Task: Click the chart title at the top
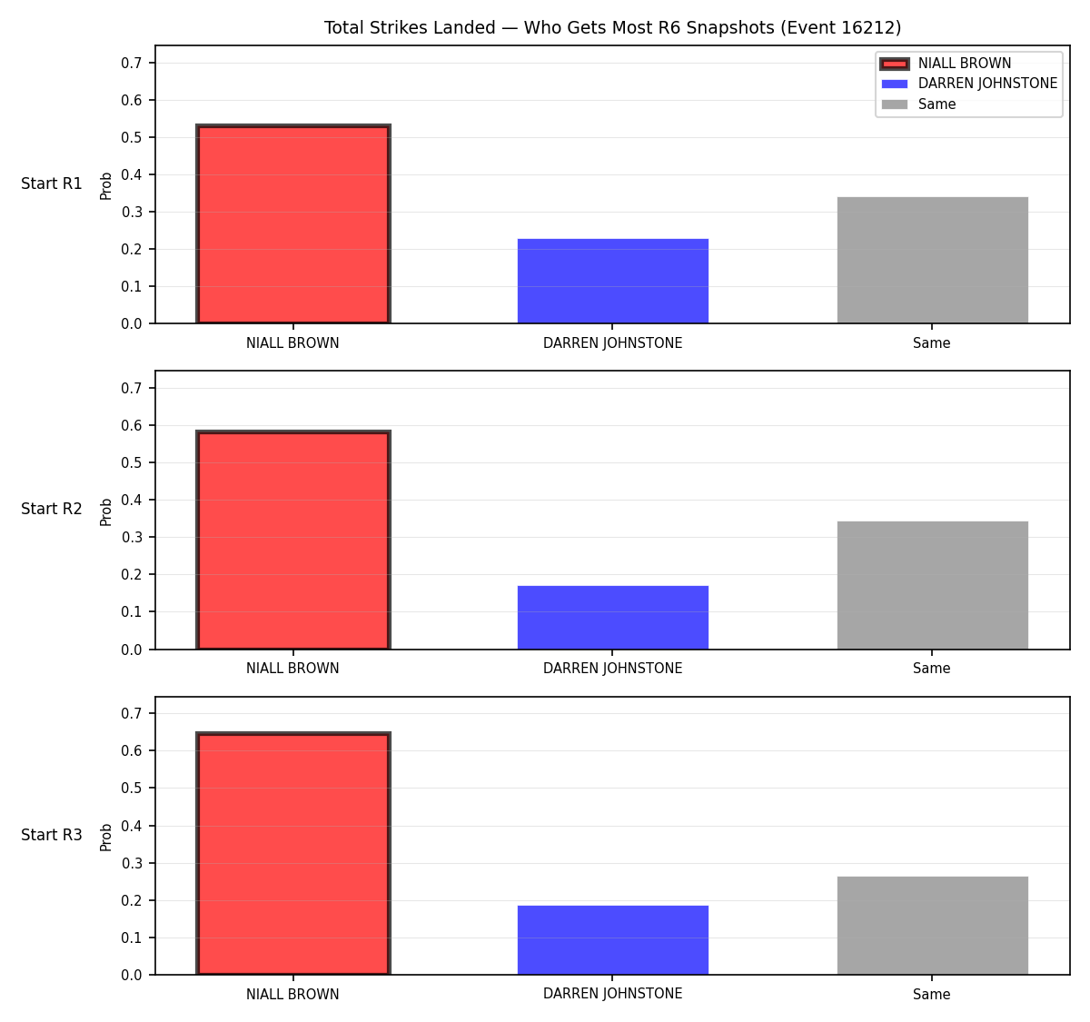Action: [612, 27]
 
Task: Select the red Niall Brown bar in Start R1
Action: [293, 224]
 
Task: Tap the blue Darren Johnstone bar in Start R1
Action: [612, 281]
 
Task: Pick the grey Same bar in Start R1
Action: [932, 260]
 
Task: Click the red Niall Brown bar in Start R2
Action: [293, 540]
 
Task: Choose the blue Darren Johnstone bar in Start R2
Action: [612, 617]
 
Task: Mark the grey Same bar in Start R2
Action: [932, 585]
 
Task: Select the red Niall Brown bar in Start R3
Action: [293, 853]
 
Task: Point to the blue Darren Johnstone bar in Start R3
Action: [612, 940]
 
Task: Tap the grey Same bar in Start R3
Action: [932, 926]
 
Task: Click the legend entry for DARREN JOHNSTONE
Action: [987, 84]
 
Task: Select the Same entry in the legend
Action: [936, 104]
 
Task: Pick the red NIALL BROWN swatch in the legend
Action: [894, 64]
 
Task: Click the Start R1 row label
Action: [52, 184]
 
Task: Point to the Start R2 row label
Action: [52, 509]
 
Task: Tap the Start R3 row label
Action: [52, 835]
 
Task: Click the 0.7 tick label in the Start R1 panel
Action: [131, 64]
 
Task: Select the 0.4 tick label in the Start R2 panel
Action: [131, 501]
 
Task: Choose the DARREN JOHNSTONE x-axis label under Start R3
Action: [612, 994]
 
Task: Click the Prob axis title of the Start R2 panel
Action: [106, 512]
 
